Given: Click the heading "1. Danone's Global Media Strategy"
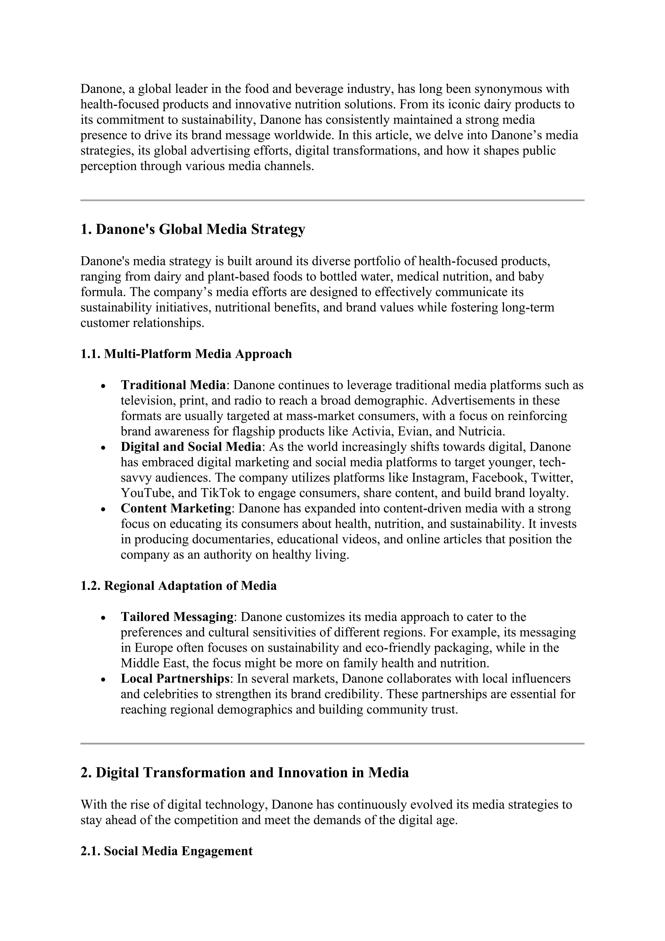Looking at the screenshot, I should (x=193, y=229).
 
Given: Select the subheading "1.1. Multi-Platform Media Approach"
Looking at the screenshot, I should (x=186, y=354).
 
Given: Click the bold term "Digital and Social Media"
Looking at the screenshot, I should (x=191, y=447).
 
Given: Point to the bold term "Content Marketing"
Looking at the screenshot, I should (x=176, y=508).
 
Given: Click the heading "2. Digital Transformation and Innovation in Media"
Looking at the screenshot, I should (x=245, y=773).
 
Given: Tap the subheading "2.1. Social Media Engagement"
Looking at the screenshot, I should (x=166, y=851).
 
